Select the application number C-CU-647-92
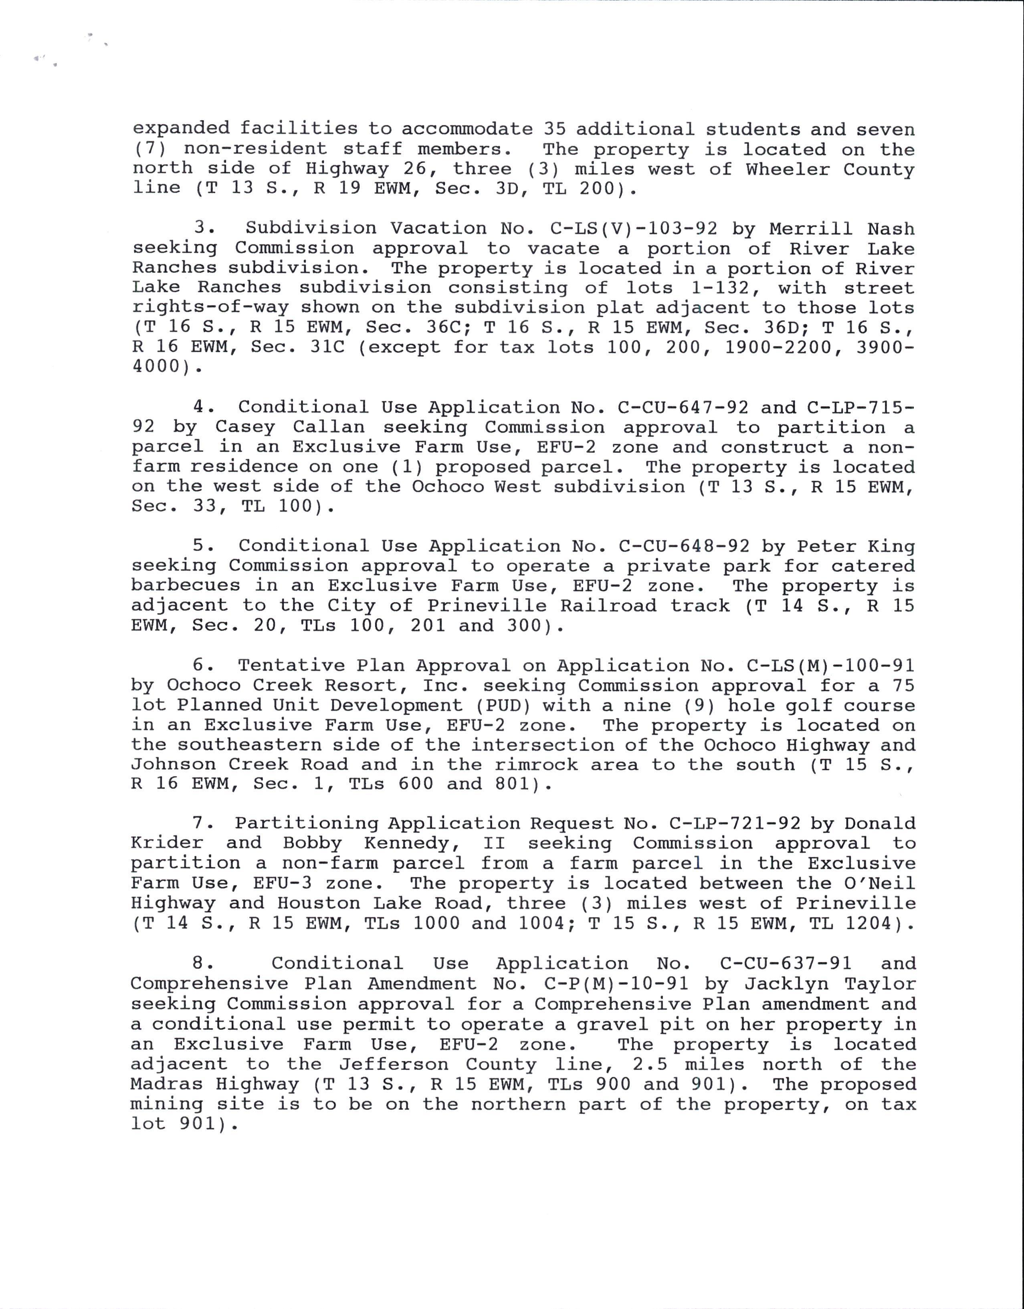683,407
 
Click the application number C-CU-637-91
786,963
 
